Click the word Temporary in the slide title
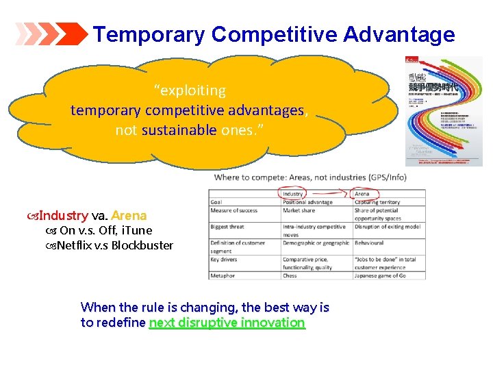tap(149, 34)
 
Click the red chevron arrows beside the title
tap(51, 34)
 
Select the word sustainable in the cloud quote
tap(179, 130)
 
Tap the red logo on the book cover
tap(412, 60)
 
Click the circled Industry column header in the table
tap(293, 194)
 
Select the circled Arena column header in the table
tap(362, 194)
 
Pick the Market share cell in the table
tap(299, 210)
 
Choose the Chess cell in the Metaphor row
tap(290, 275)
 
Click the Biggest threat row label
tap(229, 226)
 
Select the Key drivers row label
tap(224, 260)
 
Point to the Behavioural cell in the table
tap(370, 243)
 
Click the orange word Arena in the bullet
tap(129, 216)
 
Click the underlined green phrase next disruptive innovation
tap(227, 323)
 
